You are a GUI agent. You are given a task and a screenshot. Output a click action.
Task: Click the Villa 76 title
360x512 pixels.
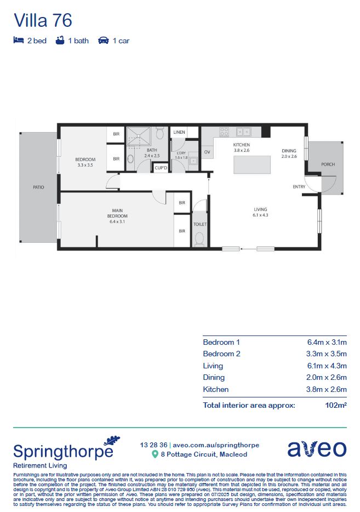coord(43,20)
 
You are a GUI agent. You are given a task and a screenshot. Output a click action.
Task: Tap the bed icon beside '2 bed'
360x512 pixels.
coord(18,41)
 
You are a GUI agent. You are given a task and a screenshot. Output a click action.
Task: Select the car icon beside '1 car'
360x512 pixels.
coord(104,41)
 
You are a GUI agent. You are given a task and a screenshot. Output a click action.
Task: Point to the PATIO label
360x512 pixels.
coord(38,187)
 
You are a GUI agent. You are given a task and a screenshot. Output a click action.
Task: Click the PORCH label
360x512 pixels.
coord(328,164)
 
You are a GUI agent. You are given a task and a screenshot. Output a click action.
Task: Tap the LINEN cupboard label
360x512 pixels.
coord(179,133)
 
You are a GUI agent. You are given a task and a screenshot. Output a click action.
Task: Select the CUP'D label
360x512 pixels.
coord(161,168)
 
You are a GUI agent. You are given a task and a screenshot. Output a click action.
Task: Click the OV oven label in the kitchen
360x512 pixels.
coord(207,152)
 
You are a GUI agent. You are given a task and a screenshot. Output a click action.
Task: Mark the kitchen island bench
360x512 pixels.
coord(252,164)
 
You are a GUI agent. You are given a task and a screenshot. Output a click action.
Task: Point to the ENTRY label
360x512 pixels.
coord(299,187)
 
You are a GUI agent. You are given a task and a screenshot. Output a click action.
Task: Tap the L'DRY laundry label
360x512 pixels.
coord(181,155)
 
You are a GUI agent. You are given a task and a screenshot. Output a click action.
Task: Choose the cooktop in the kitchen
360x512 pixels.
coord(224,132)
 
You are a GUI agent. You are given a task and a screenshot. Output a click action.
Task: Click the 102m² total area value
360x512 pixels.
coord(336,406)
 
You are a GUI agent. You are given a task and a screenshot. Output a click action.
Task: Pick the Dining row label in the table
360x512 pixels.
coord(214,378)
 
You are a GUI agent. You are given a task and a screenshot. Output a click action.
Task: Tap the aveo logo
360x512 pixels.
coord(317,448)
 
